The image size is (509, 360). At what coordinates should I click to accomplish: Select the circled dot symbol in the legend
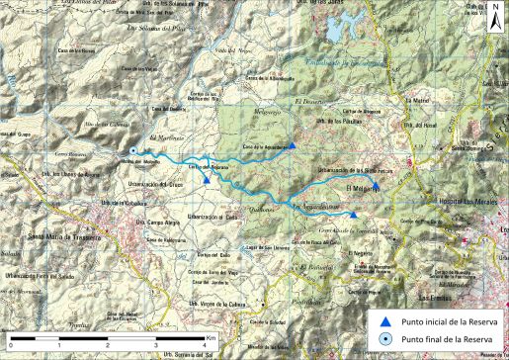tap(387, 340)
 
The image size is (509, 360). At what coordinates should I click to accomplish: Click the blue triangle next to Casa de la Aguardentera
tap(293, 146)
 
